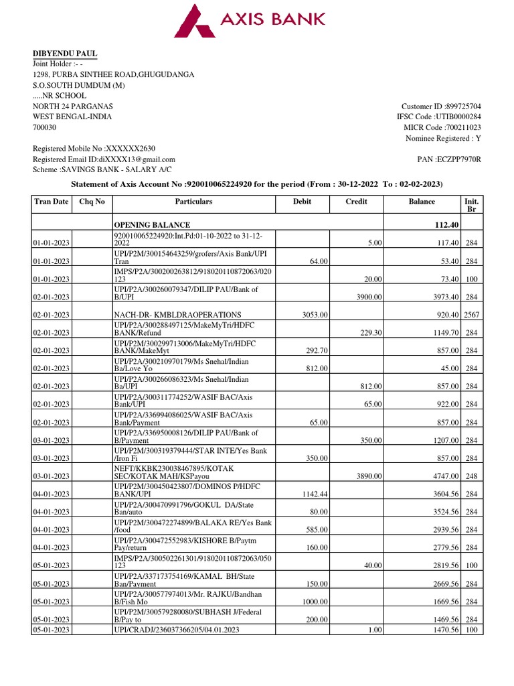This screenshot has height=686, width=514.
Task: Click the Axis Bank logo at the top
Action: [250, 20]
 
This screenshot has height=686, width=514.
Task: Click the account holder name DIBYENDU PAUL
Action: [66, 53]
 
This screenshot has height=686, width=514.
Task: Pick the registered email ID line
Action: [104, 159]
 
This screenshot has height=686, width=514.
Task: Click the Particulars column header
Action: [193, 202]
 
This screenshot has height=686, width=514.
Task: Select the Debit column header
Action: [303, 202]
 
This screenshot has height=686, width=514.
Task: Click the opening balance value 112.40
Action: [444, 224]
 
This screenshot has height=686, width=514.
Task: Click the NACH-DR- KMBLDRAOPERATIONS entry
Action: [169, 314]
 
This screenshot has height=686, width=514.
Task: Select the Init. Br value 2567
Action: [471, 314]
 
